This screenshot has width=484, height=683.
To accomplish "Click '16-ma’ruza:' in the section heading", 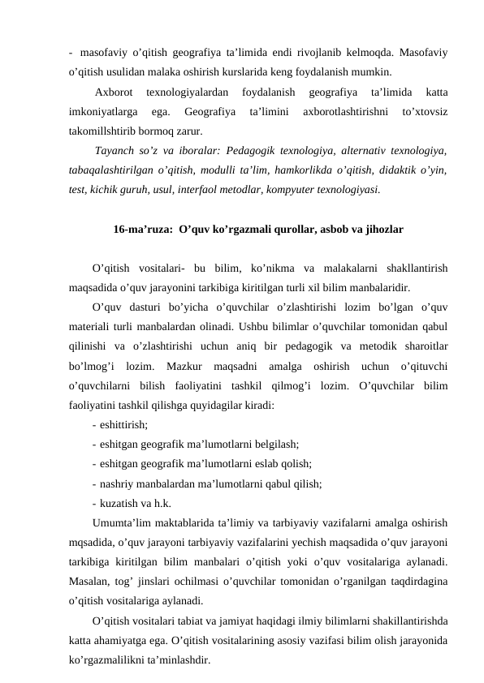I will click(x=142, y=230).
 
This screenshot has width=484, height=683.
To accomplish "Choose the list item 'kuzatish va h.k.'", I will click(x=135, y=502).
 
